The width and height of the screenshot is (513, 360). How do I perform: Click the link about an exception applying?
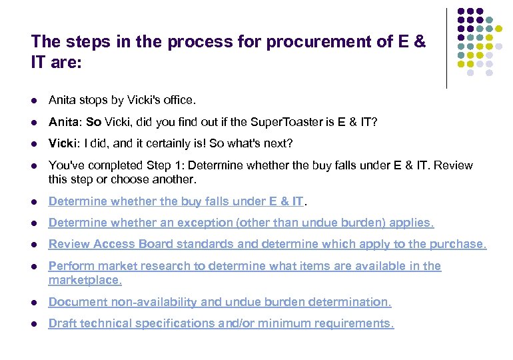pyautogui.click(x=241, y=223)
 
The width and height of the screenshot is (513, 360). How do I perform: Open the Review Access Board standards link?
pyautogui.click(x=267, y=244)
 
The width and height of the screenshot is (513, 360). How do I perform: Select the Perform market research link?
pyautogui.click(x=245, y=266)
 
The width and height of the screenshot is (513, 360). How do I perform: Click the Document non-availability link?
pyautogui.click(x=220, y=302)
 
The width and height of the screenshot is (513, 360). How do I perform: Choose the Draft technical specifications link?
pyautogui.click(x=221, y=323)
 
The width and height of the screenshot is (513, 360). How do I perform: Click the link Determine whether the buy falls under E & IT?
pyautogui.click(x=176, y=201)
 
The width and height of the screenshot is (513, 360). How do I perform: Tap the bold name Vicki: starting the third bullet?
pyautogui.click(x=65, y=144)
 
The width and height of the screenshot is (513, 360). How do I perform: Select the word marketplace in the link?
pyautogui.click(x=84, y=281)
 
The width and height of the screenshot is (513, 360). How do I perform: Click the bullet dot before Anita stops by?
pyautogui.click(x=34, y=101)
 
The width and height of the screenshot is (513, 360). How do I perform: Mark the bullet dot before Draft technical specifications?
pyautogui.click(x=34, y=324)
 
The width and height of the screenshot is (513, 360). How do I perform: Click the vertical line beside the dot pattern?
pyautogui.click(x=447, y=48)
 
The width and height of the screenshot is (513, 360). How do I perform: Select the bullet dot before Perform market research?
pyautogui.click(x=34, y=267)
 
